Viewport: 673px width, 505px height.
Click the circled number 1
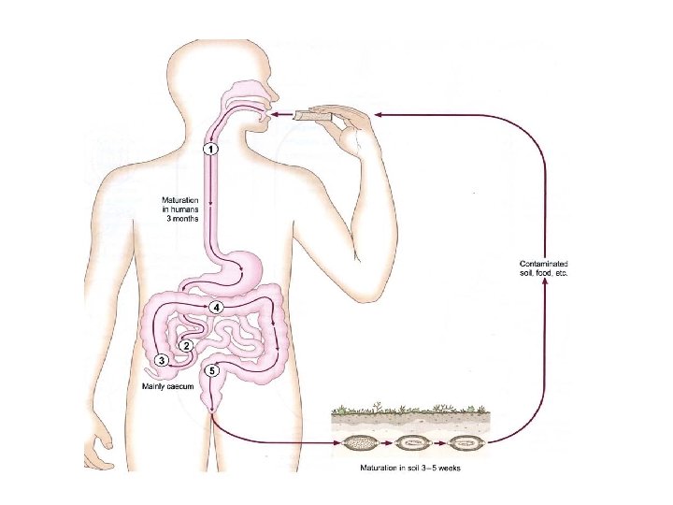212,149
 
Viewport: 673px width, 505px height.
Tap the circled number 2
187,345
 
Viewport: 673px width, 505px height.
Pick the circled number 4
216,307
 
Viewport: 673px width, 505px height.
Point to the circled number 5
213,370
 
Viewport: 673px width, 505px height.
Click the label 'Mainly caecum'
167,385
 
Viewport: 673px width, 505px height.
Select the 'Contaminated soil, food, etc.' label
543,267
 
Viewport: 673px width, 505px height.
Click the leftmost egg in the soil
360,443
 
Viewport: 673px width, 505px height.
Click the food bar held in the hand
311,115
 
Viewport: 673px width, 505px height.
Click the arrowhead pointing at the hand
379,114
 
